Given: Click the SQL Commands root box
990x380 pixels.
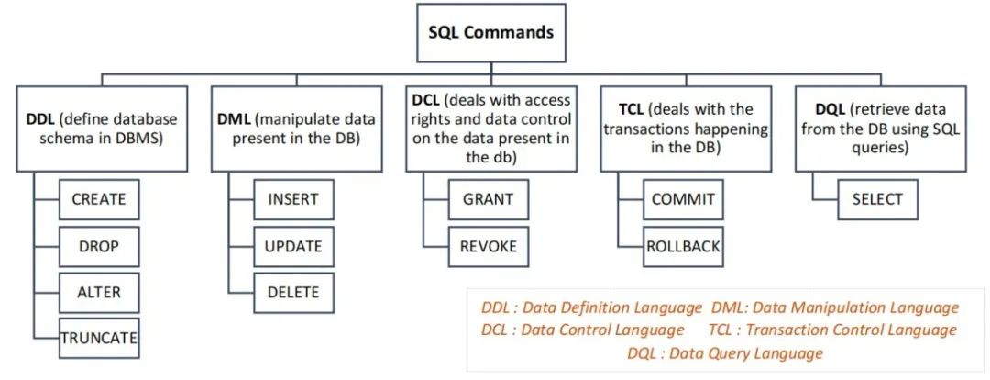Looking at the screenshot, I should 491,32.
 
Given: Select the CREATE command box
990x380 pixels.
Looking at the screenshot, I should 98,198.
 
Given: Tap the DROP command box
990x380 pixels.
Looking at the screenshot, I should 98,246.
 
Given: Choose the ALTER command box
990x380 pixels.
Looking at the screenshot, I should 98,293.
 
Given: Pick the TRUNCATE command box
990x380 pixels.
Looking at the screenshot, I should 98,339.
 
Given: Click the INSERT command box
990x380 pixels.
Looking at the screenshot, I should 293,199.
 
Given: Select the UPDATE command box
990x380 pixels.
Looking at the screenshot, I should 293,246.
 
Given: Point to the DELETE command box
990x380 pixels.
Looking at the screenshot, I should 293,293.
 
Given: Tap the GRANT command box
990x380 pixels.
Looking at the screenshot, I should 488,198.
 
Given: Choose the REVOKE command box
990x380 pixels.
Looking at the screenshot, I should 488,246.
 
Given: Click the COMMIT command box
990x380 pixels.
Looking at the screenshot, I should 682,199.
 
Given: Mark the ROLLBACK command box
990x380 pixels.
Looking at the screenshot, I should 683,246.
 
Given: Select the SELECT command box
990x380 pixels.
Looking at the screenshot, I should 877,199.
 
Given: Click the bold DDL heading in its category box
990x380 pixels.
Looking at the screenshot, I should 41,119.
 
